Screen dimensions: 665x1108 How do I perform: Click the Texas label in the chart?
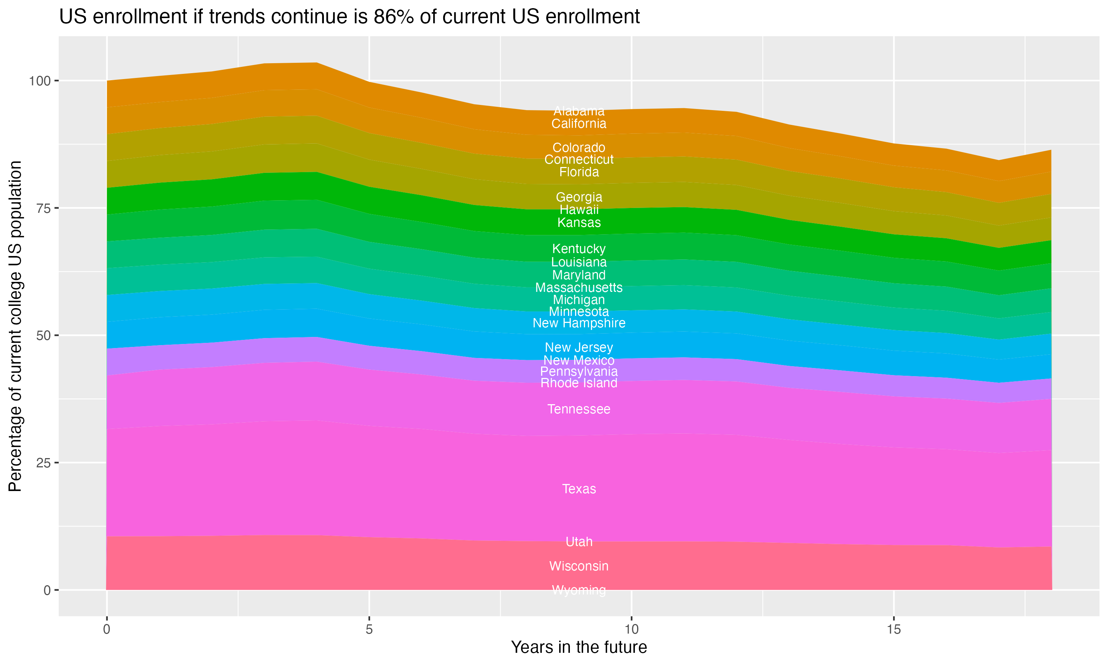coord(579,489)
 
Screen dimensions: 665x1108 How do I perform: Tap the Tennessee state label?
coord(579,409)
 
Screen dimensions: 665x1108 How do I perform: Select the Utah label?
coord(579,542)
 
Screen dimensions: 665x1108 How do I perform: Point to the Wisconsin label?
coord(579,566)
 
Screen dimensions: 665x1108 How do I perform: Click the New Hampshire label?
coord(579,323)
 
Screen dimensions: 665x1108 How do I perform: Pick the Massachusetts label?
coord(579,288)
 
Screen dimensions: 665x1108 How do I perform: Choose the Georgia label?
coord(579,197)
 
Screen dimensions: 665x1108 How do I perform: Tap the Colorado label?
coord(579,147)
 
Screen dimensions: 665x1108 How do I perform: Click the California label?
coord(579,124)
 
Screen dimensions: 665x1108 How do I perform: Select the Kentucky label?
coord(579,249)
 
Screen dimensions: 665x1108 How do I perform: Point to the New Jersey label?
coord(579,347)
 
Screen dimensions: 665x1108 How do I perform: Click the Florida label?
coord(579,172)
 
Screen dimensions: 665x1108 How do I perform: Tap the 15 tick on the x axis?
coord(893,630)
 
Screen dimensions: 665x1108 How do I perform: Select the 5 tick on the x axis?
coord(369,630)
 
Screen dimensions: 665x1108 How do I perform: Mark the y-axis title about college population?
coord(15,326)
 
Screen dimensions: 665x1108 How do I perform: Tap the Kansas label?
coord(579,223)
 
